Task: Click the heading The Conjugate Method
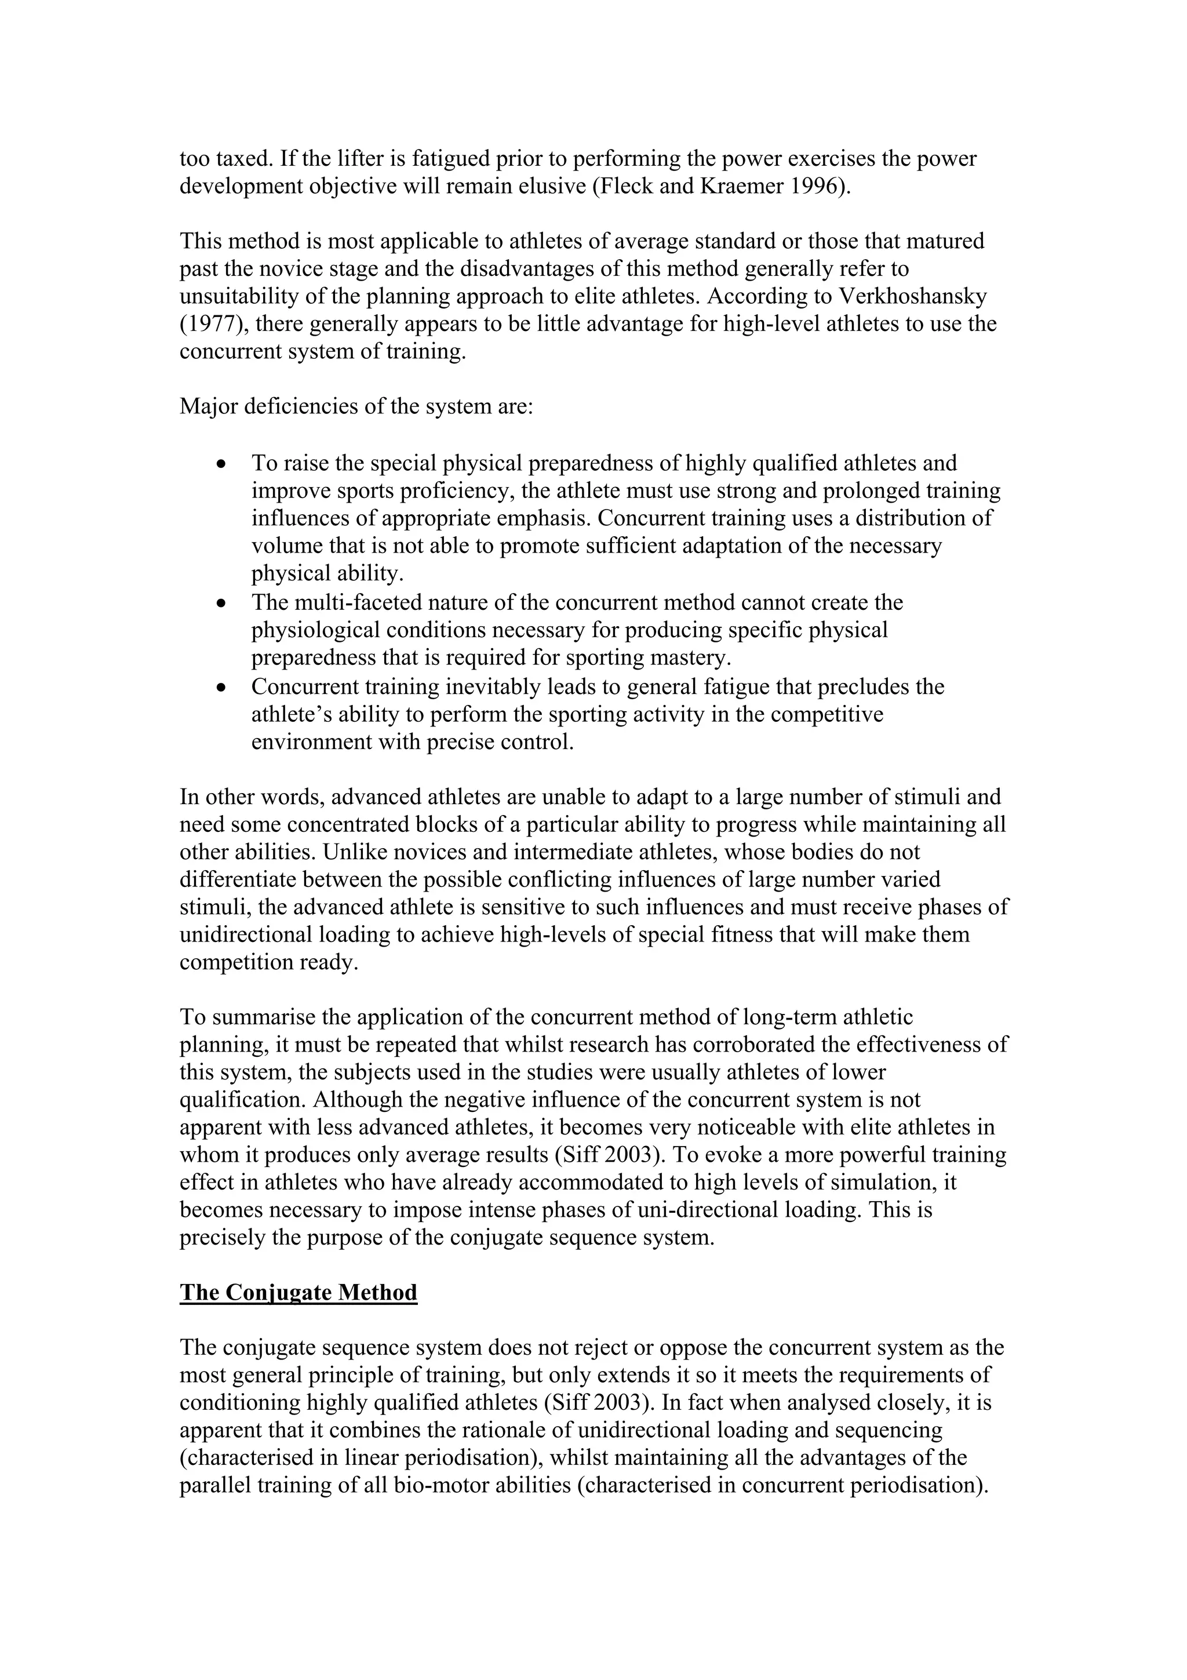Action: pos(298,1292)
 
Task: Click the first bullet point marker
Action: pos(221,464)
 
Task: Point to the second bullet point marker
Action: pos(221,603)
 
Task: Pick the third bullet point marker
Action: pos(221,688)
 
